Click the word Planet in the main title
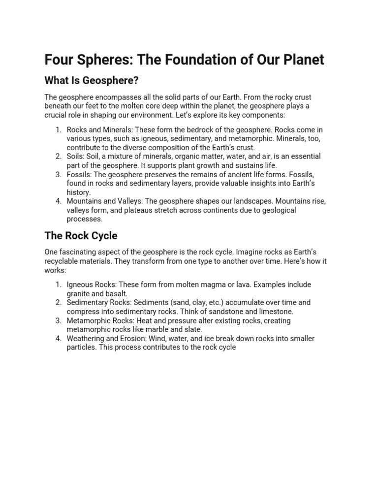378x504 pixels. point(299,60)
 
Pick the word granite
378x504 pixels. point(80,293)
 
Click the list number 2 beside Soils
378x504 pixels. point(58,157)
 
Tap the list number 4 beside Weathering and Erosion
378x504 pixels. point(58,339)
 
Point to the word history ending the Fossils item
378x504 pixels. point(79,192)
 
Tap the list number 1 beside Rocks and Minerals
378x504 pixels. point(58,130)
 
